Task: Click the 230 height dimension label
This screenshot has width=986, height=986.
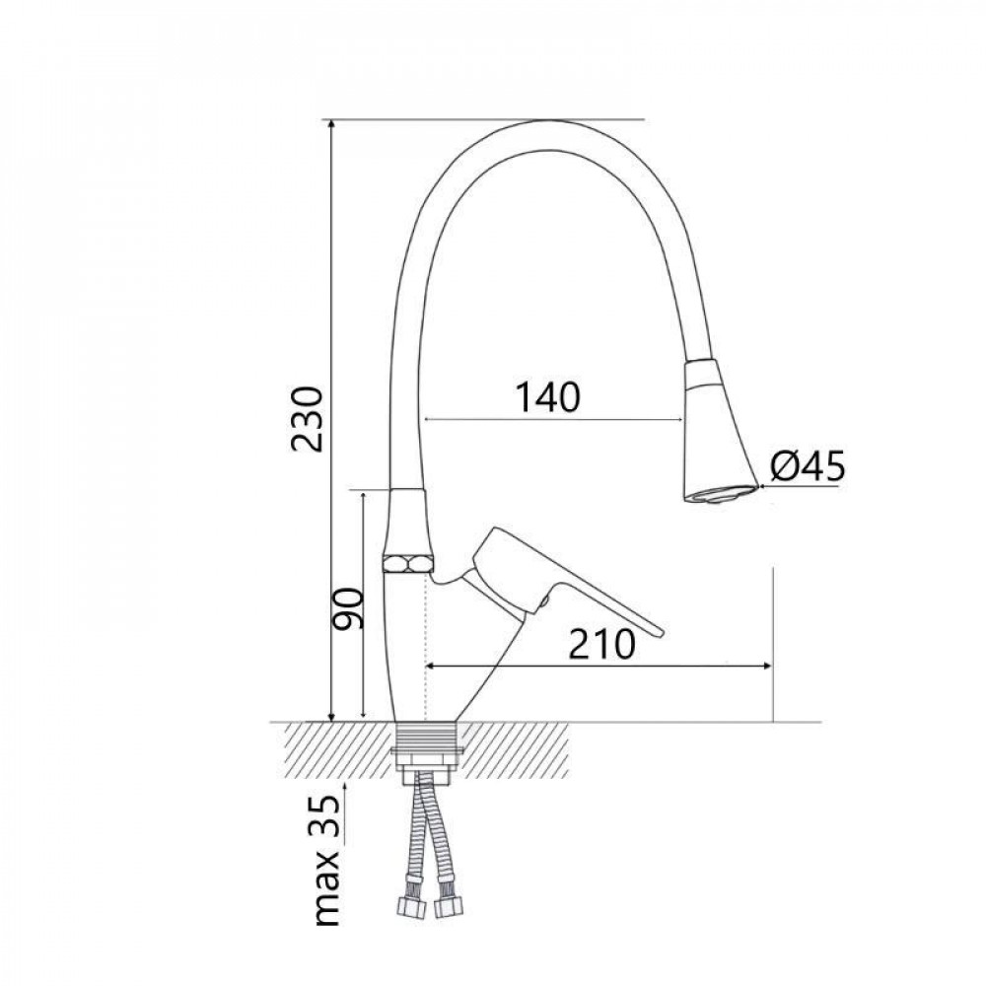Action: pyautogui.click(x=308, y=419)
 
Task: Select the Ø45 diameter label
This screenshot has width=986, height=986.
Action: pyautogui.click(x=808, y=466)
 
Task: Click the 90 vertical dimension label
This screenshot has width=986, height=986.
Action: pyautogui.click(x=348, y=608)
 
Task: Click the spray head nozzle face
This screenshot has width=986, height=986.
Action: pyautogui.click(x=722, y=495)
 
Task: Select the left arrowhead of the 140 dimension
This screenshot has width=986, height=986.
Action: pyautogui.click(x=429, y=420)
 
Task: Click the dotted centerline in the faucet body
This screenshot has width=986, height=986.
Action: pyautogui.click(x=425, y=641)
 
